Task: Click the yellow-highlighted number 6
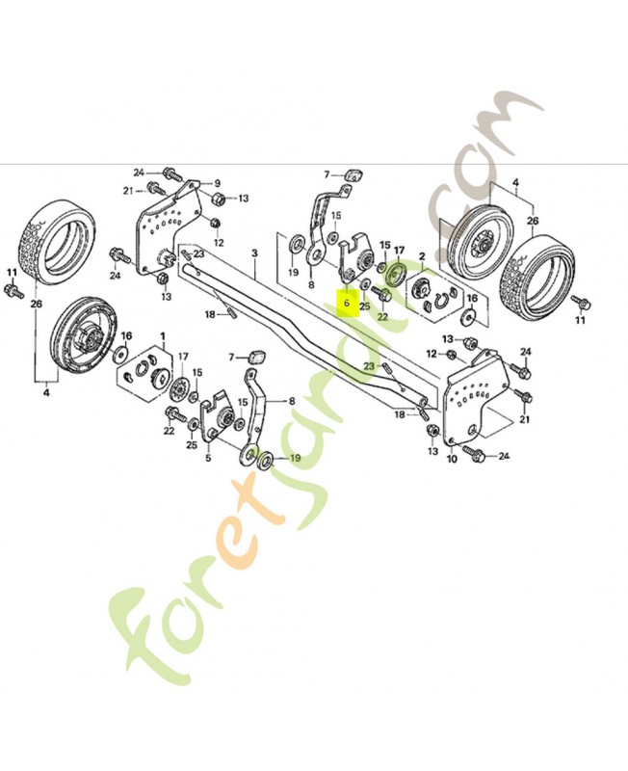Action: point(347,303)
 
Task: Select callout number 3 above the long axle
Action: point(254,253)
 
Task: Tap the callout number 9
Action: point(217,183)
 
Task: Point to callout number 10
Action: point(452,459)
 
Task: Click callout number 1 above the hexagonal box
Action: point(163,336)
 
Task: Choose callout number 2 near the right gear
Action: point(422,256)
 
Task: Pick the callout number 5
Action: point(208,458)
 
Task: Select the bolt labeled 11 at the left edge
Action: point(13,291)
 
